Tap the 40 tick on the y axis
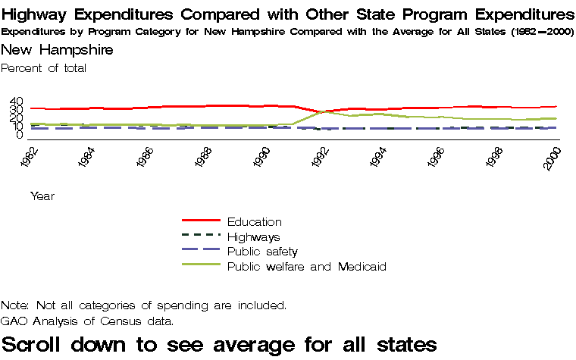17,102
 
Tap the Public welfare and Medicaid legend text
307,267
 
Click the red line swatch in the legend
201,221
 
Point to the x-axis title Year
42,196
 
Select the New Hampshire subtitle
58,49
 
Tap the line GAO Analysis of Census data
87,321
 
